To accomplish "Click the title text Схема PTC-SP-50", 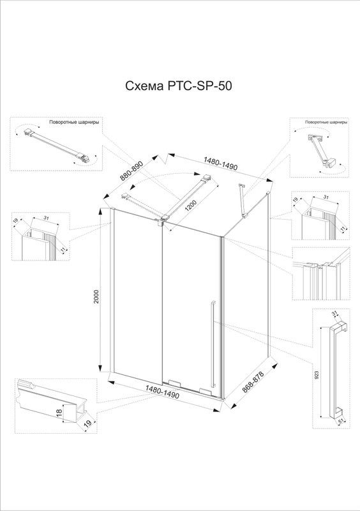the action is (x=179, y=86).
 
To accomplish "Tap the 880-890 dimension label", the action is (x=131, y=171).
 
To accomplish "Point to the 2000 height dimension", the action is (x=96, y=297).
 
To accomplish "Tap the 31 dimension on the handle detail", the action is (x=334, y=314).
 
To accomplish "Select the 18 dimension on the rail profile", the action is (x=59, y=413).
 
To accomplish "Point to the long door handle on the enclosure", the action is (x=213, y=344).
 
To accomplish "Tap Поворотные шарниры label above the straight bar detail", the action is (x=74, y=123).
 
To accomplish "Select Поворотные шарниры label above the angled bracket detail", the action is (x=326, y=122).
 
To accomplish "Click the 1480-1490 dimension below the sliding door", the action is (x=162, y=392).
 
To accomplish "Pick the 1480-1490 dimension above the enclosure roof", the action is (x=220, y=164).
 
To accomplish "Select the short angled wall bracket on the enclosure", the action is (x=243, y=201).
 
